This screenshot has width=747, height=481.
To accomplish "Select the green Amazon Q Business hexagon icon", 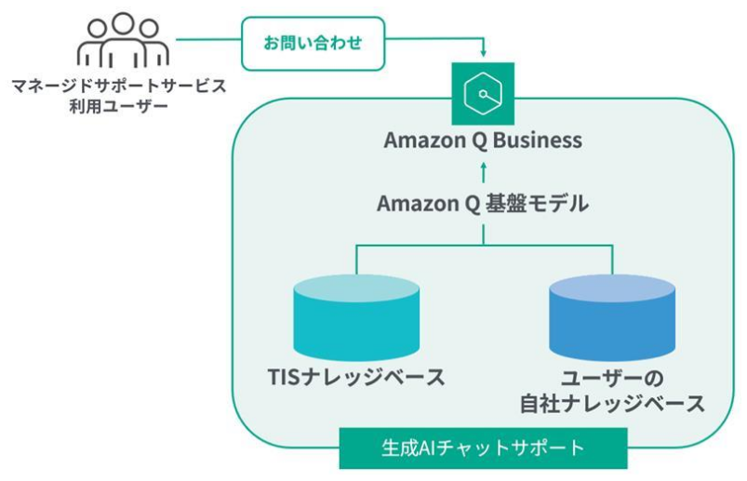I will [x=483, y=94].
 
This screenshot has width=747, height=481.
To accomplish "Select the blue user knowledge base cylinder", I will [x=611, y=317].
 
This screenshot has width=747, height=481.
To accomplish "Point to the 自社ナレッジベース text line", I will [x=611, y=405].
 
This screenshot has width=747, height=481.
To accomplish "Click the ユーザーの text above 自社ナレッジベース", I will [x=611, y=378].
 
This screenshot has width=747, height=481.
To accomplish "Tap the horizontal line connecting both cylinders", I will [x=483, y=245].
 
